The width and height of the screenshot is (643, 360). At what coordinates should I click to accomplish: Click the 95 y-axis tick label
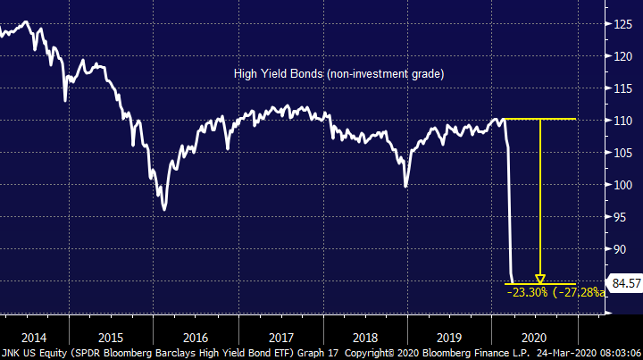point(622,217)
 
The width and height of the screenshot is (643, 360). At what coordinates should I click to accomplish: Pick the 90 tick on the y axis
point(622,249)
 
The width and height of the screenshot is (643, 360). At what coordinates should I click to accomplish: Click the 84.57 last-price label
point(624,284)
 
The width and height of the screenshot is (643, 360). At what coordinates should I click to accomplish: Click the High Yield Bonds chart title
point(338,74)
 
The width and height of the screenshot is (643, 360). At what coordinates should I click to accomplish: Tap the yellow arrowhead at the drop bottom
point(540,280)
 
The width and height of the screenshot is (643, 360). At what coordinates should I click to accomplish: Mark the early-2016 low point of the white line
point(164,210)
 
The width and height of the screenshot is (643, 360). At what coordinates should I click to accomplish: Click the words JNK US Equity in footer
point(30,352)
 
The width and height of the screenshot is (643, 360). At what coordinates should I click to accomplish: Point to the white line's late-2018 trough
point(406,187)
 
